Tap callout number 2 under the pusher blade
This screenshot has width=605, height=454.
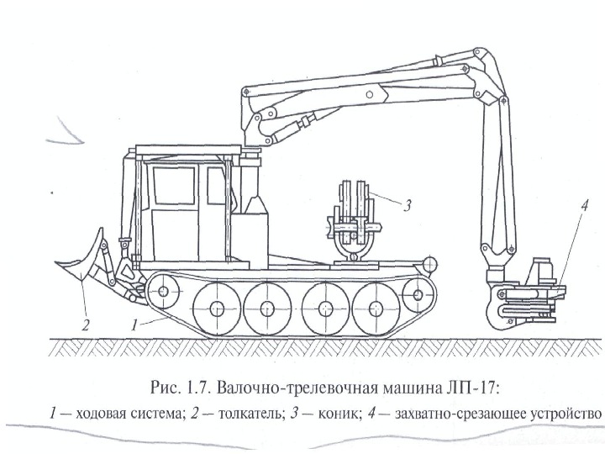pyautogui.click(x=84, y=320)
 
